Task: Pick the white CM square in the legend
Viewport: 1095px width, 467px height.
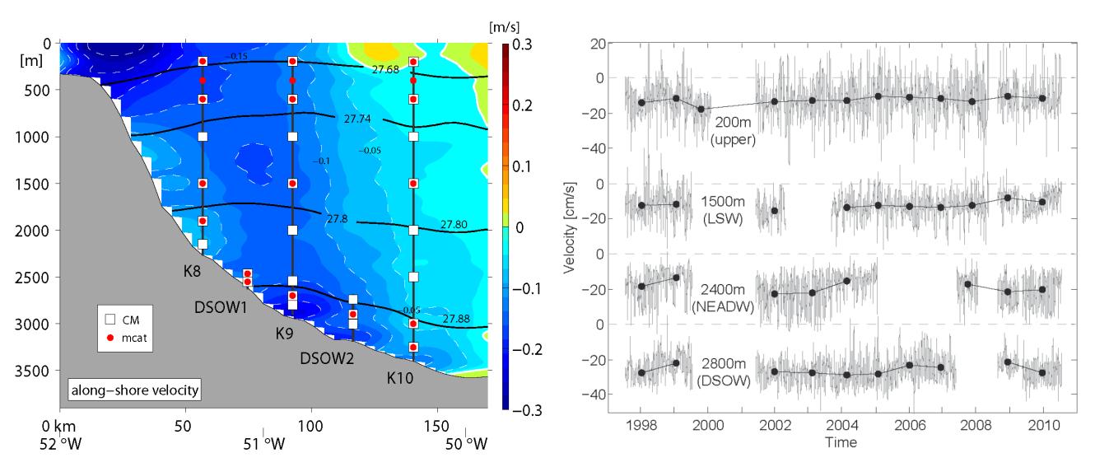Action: [109, 318]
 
